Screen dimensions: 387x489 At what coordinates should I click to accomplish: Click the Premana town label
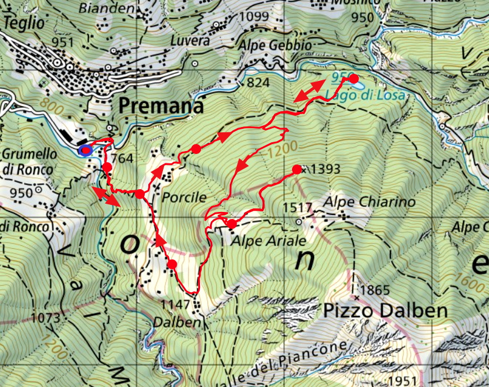161,106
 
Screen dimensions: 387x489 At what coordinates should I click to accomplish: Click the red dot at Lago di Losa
354,78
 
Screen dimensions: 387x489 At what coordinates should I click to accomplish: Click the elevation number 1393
326,169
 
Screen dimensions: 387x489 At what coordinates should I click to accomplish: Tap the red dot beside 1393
297,169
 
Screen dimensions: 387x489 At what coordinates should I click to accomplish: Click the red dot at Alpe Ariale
232,224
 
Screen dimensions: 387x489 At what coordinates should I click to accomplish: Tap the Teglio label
23,23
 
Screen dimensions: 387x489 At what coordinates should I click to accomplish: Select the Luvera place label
190,41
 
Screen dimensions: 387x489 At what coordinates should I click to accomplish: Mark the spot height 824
258,83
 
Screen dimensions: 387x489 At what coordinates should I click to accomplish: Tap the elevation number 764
122,158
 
